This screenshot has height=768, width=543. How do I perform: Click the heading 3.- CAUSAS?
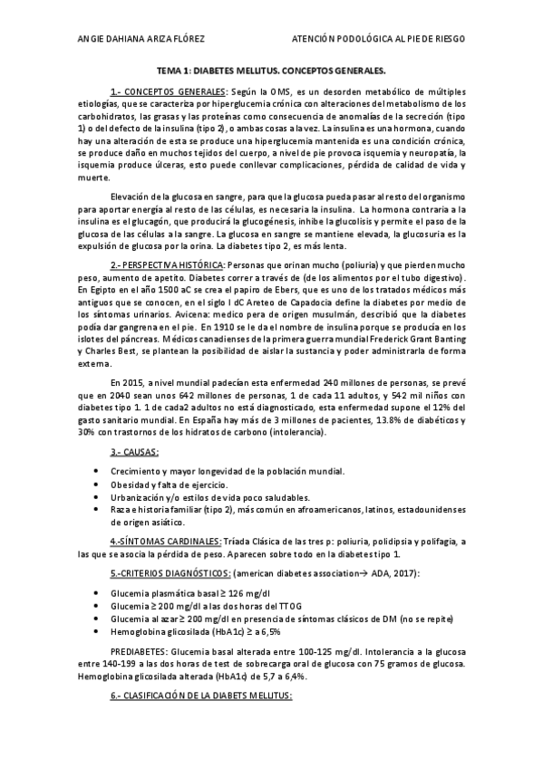(134, 451)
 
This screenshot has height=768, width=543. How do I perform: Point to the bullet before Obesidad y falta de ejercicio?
(97, 485)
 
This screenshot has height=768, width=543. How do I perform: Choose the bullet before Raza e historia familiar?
(97, 509)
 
